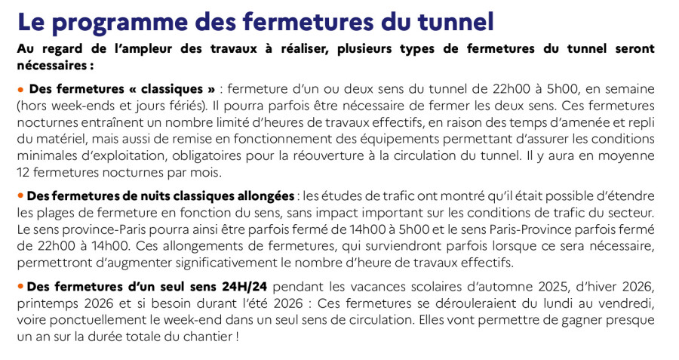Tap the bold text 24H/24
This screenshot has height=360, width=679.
coord(241,288)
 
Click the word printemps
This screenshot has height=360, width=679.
coord(47,304)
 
